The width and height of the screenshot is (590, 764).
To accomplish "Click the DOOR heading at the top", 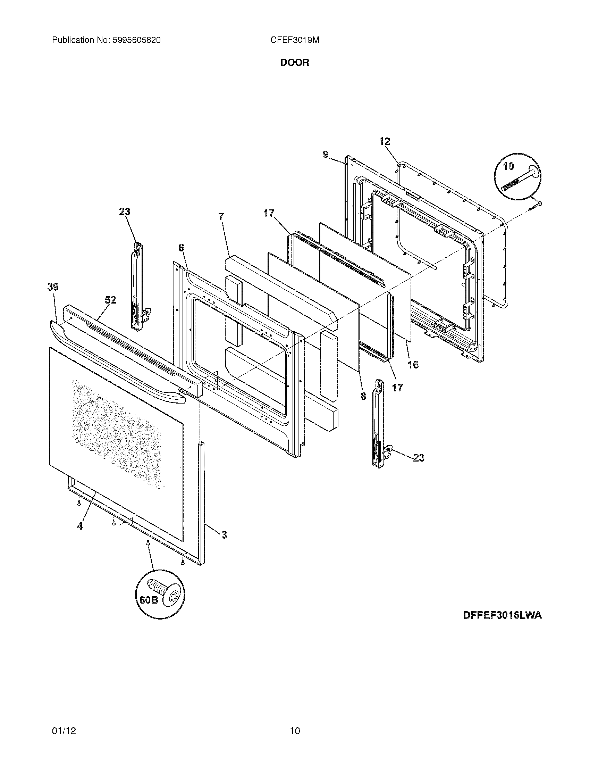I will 295,63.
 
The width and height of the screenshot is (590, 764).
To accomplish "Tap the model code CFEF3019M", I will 295,40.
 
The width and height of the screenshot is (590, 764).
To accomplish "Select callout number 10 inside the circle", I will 508,166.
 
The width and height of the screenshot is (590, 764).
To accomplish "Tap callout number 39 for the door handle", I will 53,287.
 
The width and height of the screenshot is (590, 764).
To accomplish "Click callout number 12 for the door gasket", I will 385,141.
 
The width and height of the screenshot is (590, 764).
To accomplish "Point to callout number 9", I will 326,155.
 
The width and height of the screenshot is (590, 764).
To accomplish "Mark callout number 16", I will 413,365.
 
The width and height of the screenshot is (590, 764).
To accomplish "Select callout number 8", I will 363,396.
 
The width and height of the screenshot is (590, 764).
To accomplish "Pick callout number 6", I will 181,248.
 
